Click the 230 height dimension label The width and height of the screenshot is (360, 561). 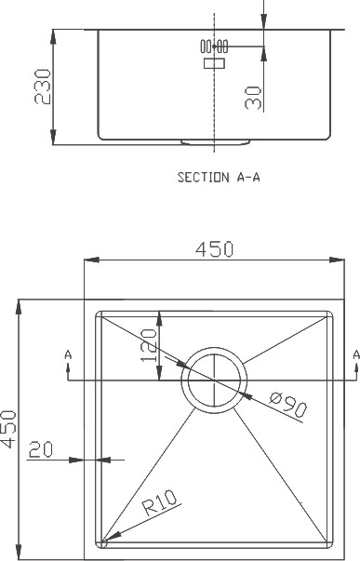click(43, 87)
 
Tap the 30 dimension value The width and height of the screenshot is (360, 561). click(253, 98)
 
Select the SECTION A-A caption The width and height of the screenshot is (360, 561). click(219, 177)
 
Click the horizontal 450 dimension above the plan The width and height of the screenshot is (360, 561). click(214, 249)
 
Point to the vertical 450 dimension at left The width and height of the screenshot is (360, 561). click(8, 429)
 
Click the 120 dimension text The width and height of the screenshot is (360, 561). click(149, 345)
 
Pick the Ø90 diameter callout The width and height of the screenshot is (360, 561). click(288, 405)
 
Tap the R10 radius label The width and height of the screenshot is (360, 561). click(160, 502)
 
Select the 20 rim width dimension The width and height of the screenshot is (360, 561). click(40, 449)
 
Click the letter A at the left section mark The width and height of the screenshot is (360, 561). click(68, 354)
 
